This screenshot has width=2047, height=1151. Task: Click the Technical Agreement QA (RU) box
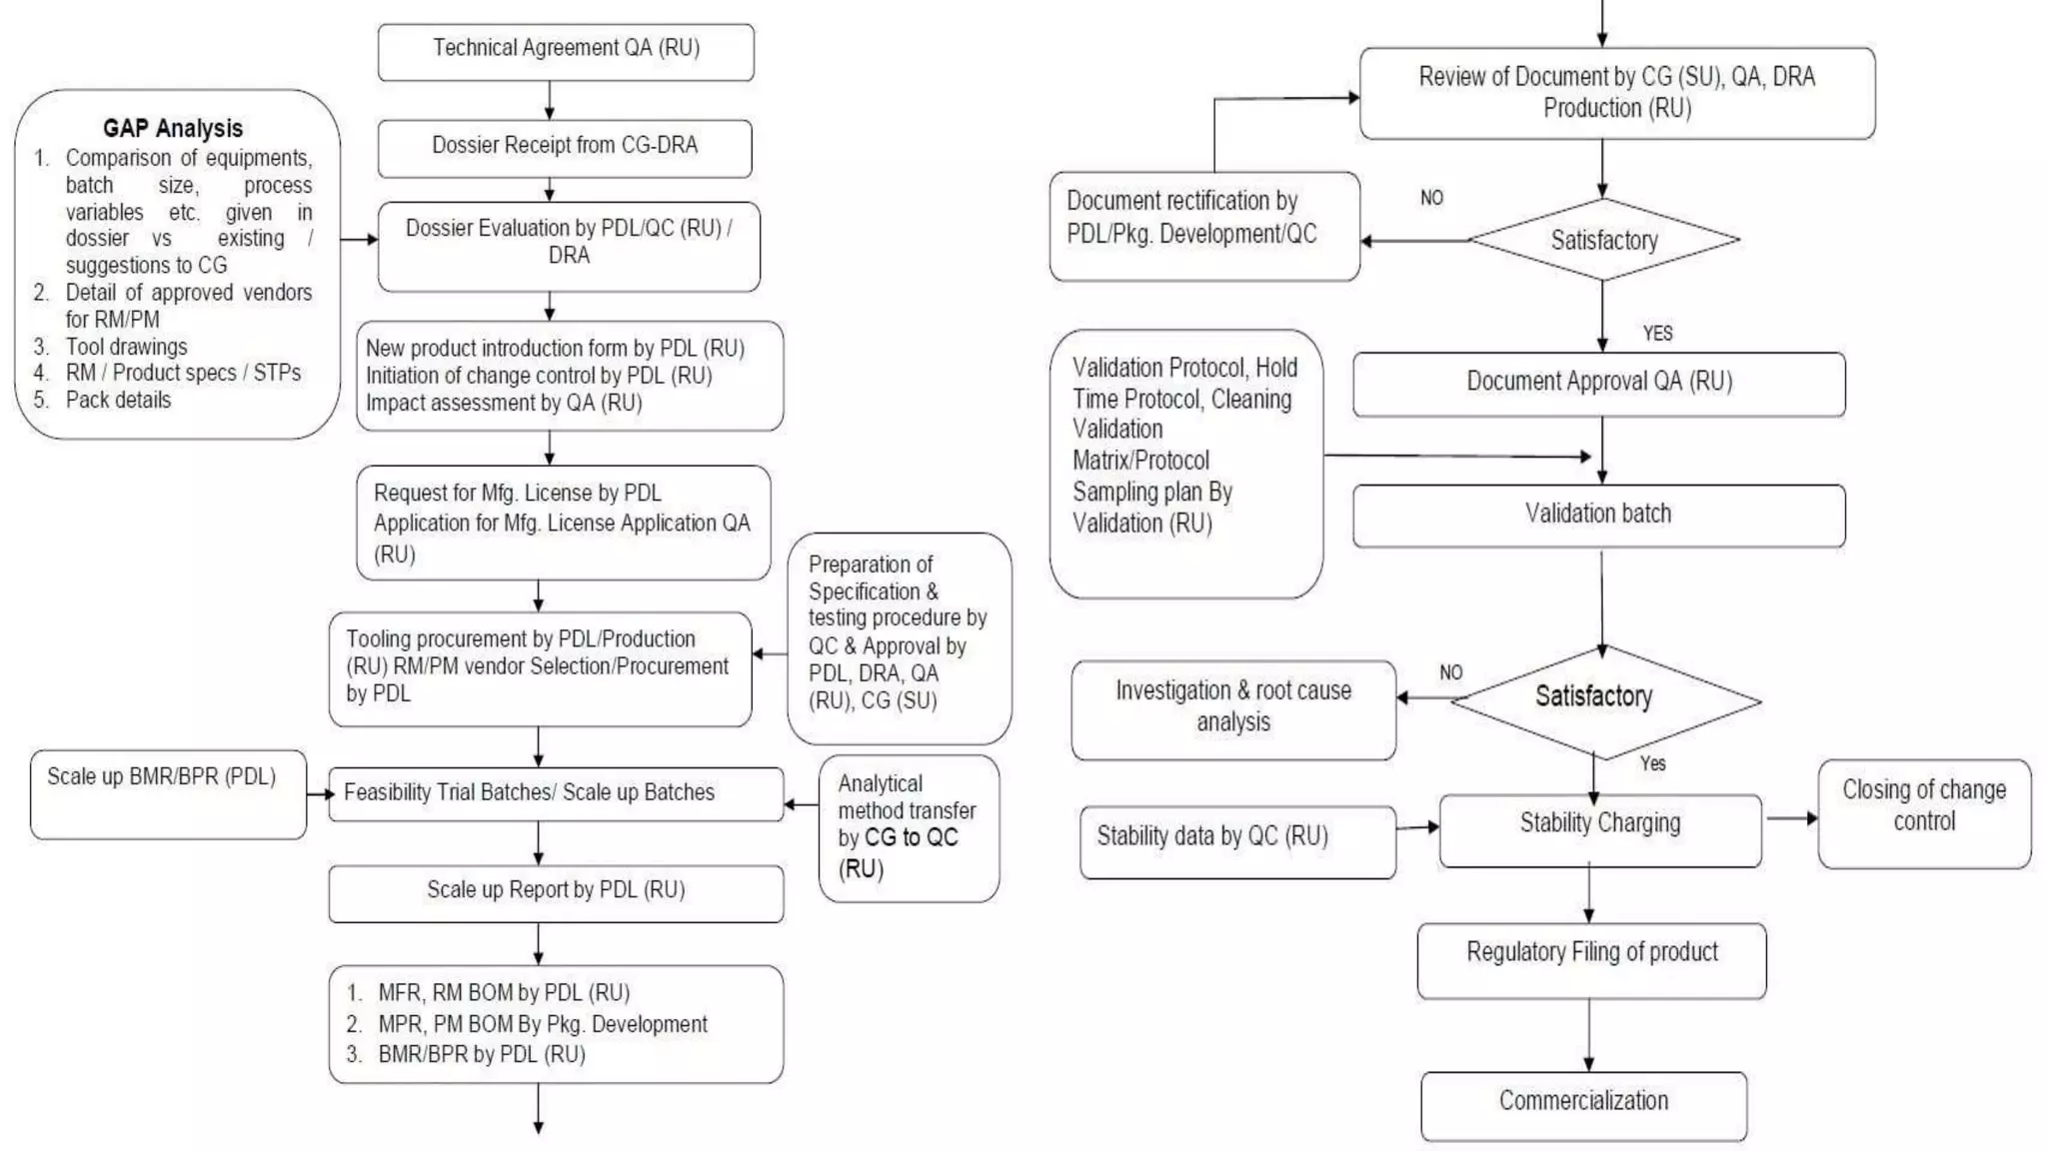click(x=566, y=52)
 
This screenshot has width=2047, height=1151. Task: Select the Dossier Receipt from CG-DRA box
click(x=565, y=149)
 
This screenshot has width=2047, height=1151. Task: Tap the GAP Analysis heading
click(x=173, y=128)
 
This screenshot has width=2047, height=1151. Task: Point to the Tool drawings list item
click(x=126, y=347)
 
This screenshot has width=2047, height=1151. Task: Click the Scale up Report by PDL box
click(x=556, y=893)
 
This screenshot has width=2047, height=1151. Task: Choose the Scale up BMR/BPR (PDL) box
click(x=168, y=794)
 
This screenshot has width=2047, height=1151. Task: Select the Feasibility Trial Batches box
click(x=556, y=794)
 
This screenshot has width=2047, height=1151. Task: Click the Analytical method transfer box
click(x=909, y=828)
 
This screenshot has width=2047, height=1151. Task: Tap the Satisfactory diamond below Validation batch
click(x=1605, y=701)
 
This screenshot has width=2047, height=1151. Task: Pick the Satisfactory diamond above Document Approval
click(x=1603, y=240)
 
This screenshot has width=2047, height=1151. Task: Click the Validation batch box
click(x=1599, y=516)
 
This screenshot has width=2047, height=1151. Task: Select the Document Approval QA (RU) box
click(x=1599, y=384)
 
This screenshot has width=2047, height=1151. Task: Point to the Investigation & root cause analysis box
click(x=1233, y=710)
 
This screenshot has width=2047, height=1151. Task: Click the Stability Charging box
click(x=1600, y=830)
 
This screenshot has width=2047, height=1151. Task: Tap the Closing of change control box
click(x=1924, y=813)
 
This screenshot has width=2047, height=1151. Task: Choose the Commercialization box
click(x=1584, y=1106)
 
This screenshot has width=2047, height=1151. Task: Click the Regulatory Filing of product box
click(x=1591, y=961)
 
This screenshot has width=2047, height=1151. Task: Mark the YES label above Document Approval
click(x=1657, y=334)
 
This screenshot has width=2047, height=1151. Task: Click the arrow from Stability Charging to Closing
click(x=1791, y=818)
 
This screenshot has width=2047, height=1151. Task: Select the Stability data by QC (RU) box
click(x=1237, y=842)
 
